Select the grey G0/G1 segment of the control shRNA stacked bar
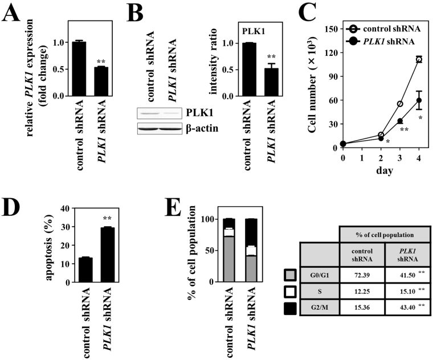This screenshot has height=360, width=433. click(x=229, y=259)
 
